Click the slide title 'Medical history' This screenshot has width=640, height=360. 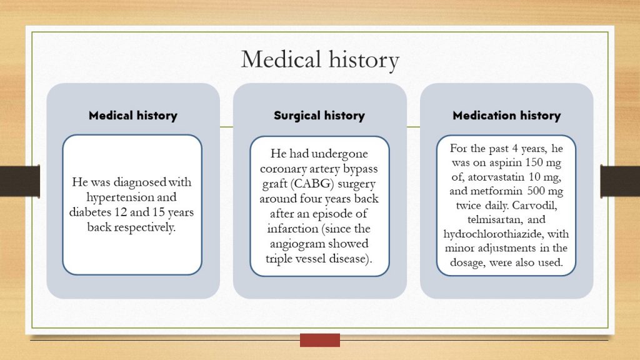tap(319, 60)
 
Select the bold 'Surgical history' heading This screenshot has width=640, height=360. tap(319, 116)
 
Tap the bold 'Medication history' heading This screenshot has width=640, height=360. tap(506, 116)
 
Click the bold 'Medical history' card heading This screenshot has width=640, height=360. tap(132, 116)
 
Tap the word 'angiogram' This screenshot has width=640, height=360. tap(299, 244)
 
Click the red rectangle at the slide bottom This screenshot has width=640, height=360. tap(319, 340)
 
